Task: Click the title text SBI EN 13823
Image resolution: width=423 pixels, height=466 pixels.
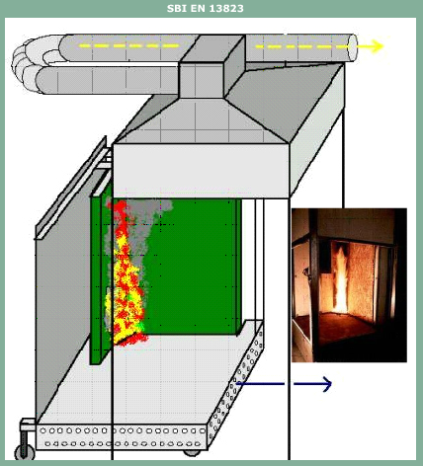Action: (206, 8)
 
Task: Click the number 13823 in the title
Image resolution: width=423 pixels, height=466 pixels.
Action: (226, 8)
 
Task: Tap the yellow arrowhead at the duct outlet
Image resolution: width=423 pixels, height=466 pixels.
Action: (377, 46)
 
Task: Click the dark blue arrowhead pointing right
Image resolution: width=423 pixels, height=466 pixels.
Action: (326, 384)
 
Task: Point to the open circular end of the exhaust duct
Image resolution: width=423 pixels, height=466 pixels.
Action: (353, 47)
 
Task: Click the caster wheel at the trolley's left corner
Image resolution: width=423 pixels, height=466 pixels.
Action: (25, 453)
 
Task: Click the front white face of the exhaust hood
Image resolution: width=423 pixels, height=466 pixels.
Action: (201, 171)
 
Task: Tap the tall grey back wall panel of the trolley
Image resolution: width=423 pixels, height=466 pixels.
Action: (62, 313)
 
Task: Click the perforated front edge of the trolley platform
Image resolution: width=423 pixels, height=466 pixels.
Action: (122, 437)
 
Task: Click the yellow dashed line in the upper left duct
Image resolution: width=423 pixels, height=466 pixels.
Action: (129, 45)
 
